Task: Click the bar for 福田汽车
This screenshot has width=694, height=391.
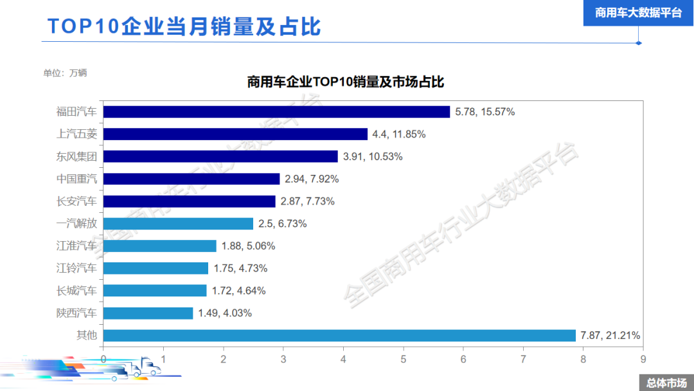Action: (276, 112)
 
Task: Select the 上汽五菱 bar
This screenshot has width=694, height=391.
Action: (235, 134)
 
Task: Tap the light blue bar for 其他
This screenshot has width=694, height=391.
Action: (339, 336)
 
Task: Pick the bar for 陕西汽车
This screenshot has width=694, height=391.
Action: (148, 313)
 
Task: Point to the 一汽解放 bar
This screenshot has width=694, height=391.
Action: (178, 224)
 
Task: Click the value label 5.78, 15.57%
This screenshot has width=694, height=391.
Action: (485, 112)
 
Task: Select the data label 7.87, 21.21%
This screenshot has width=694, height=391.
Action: (610, 336)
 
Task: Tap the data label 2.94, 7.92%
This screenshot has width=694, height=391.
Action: (312, 179)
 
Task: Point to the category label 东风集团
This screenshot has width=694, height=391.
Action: (76, 156)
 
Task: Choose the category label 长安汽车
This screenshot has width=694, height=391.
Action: (76, 201)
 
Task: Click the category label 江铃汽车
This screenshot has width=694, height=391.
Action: (76, 268)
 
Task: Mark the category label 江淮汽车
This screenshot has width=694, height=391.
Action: (76, 246)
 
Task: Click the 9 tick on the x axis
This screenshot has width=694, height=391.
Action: (643, 359)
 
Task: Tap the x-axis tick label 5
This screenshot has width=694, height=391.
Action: (403, 359)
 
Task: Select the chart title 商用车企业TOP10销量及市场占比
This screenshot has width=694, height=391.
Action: (346, 82)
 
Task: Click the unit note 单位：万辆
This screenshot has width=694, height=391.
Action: (65, 73)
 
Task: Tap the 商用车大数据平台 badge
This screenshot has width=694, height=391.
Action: (638, 13)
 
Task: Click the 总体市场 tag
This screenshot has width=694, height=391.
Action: (666, 383)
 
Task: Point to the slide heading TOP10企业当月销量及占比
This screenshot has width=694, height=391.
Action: (184, 26)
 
